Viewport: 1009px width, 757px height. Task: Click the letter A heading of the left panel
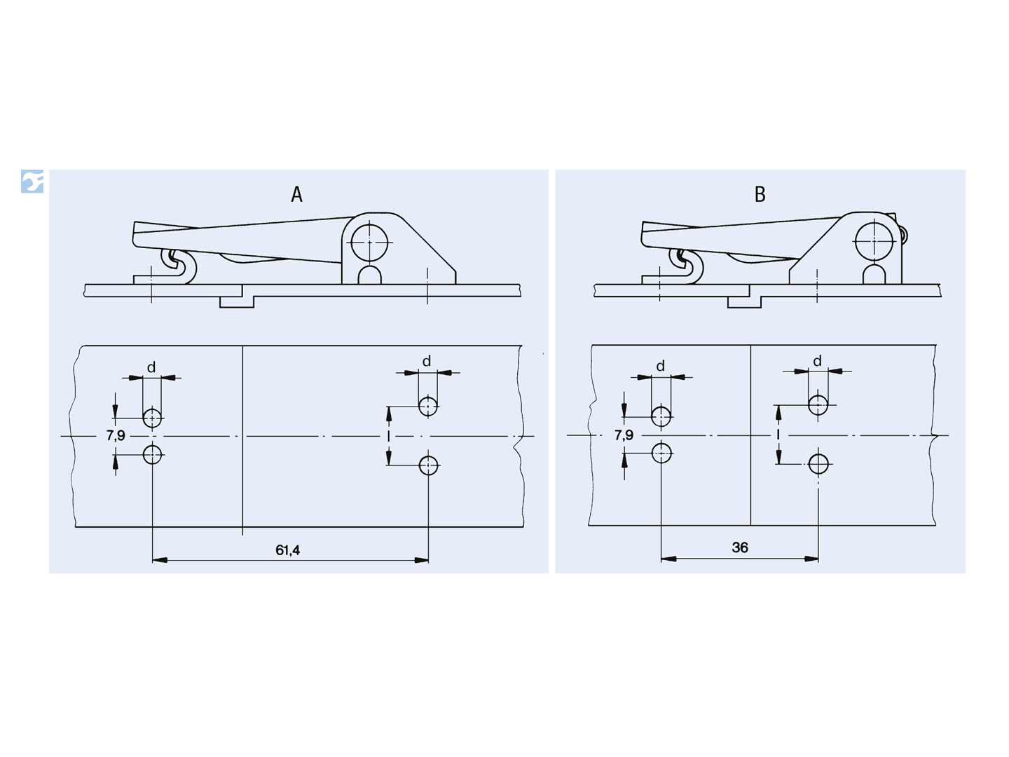(296, 194)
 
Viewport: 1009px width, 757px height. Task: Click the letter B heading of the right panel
(760, 194)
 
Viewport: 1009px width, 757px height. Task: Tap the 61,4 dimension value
(287, 550)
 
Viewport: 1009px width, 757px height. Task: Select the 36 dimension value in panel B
(740, 547)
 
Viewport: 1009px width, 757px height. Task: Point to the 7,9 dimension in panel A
(116, 435)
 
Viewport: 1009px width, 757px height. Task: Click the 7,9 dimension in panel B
(624, 435)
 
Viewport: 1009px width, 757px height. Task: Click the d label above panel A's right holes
(427, 361)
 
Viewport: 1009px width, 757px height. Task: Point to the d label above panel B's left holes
(660, 366)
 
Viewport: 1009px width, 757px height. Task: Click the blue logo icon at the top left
(32, 181)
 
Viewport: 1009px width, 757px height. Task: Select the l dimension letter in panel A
(388, 436)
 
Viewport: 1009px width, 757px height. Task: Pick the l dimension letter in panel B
(778, 435)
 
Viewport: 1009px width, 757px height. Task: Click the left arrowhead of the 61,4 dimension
(159, 560)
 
